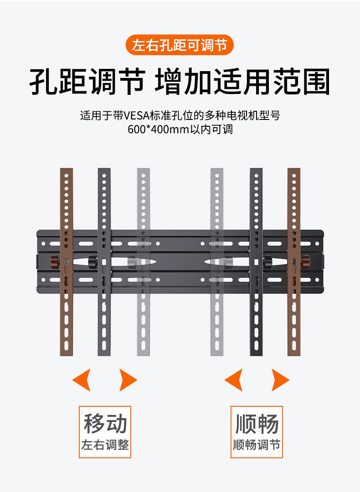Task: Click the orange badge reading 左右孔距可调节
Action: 180,46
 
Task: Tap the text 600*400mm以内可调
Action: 180,129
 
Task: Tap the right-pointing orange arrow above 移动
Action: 128,380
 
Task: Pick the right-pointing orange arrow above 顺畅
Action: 280,380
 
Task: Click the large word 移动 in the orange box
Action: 105,424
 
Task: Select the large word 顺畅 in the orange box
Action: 257,424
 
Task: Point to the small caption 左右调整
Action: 105,445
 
